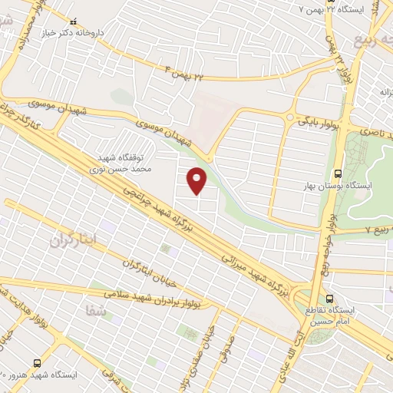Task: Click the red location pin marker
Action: [x=198, y=180]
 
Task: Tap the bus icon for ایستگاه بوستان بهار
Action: [x=340, y=173]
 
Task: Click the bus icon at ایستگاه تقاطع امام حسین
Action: [x=329, y=299]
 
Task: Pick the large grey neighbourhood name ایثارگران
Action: [x=74, y=240]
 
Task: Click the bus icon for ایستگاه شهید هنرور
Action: [x=37, y=362]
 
